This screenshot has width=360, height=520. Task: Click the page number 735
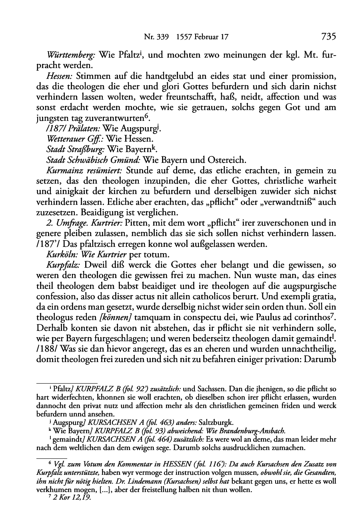point(328,37)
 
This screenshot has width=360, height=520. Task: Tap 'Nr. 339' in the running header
point(154,37)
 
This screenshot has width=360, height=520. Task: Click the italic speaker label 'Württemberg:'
point(72,55)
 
